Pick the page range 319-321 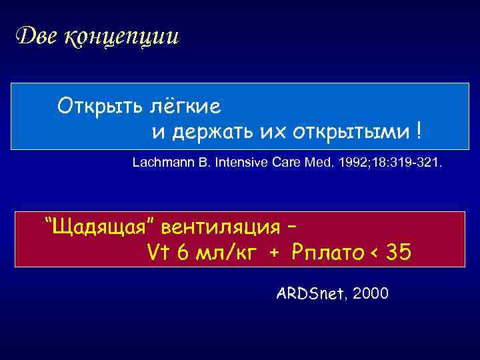click(413, 162)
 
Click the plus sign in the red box click(274, 254)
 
